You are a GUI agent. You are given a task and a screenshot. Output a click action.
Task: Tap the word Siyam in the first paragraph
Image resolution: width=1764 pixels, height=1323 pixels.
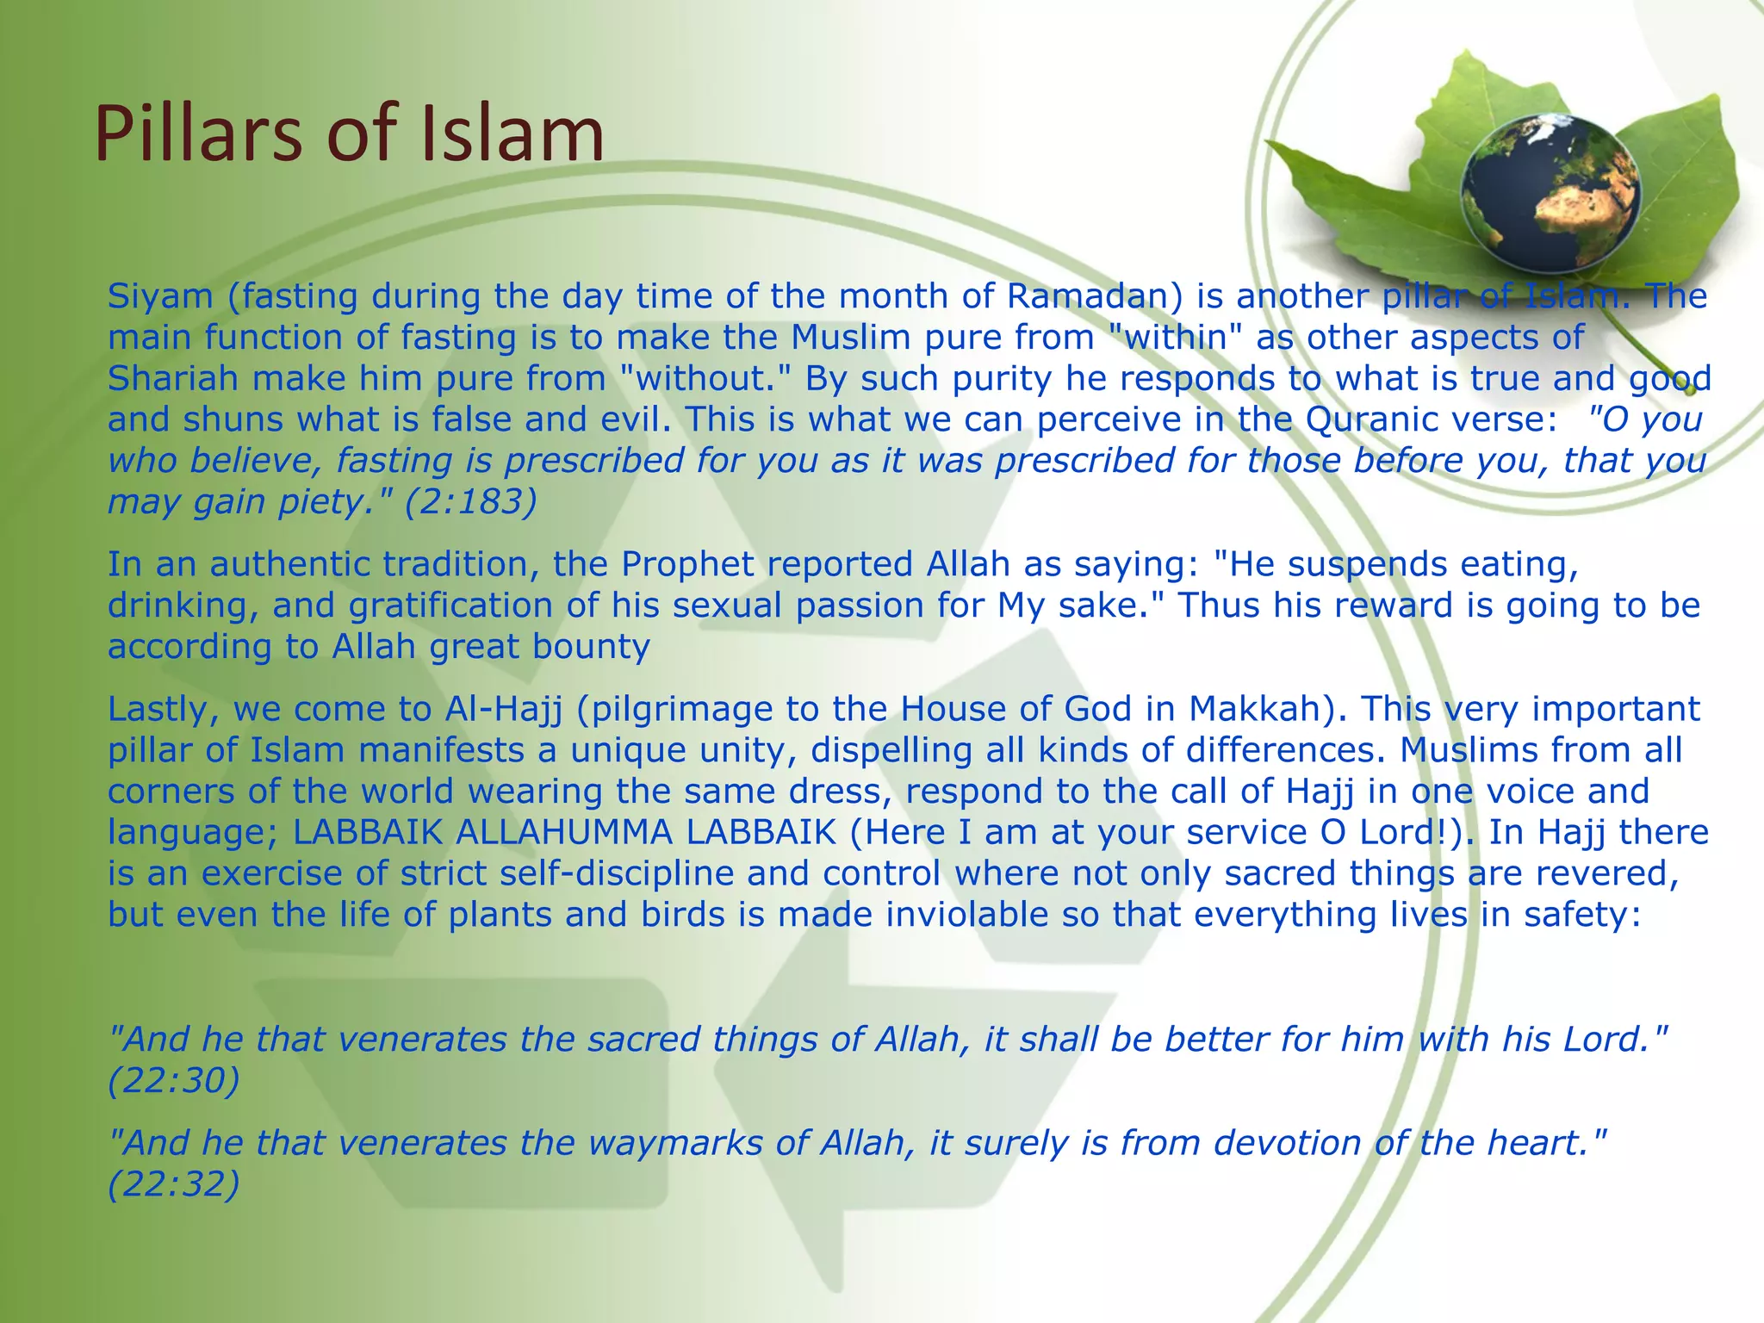[x=160, y=296]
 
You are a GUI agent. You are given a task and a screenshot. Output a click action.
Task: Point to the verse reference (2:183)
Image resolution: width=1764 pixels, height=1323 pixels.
[x=471, y=501]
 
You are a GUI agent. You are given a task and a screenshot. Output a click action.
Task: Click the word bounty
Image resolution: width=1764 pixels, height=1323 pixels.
[x=591, y=646]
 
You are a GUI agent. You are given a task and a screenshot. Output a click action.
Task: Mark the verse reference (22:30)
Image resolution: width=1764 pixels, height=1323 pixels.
[x=173, y=1080]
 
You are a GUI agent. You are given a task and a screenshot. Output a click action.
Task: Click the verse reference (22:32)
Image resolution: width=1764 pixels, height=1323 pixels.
[x=173, y=1184]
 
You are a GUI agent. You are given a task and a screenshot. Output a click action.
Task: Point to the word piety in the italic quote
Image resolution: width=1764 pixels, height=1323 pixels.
[x=316, y=501]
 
